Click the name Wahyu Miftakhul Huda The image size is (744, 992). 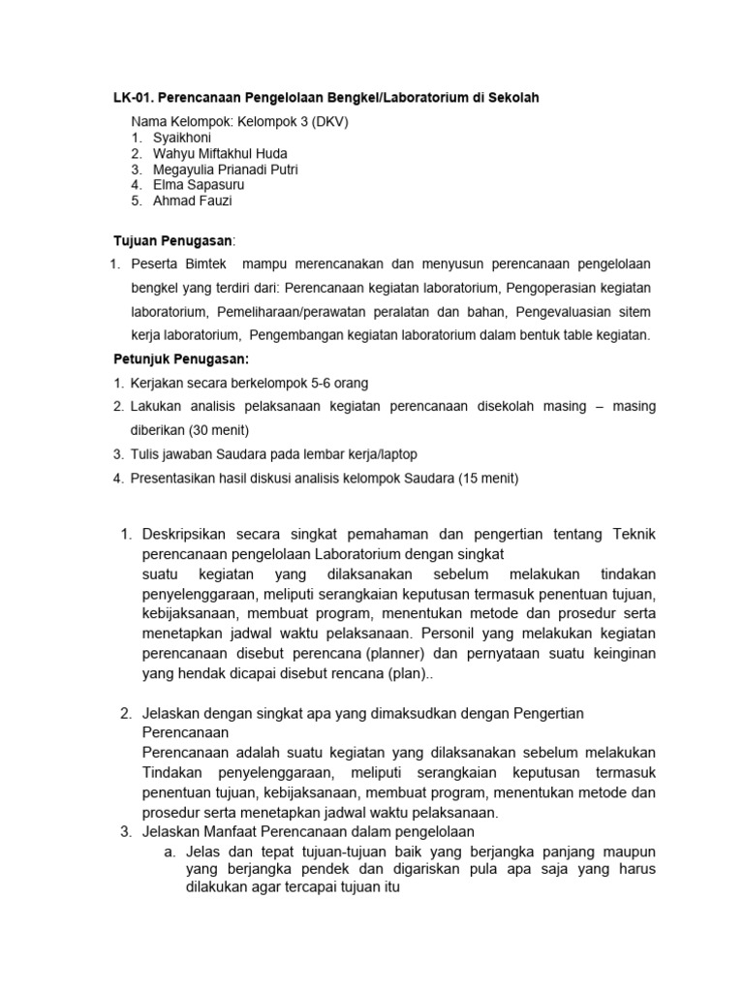coord(220,153)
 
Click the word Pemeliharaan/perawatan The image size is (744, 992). coord(295,312)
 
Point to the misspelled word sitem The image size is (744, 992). coord(635,312)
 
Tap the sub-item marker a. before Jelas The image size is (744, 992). coord(170,851)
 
